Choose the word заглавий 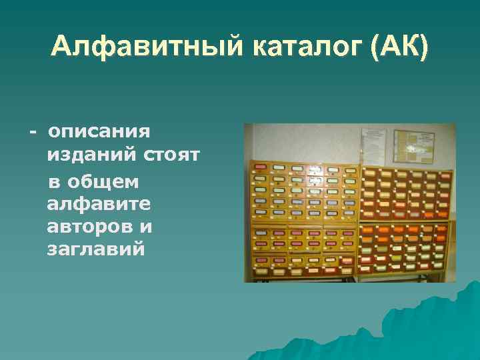tap(96, 250)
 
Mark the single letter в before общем tap(53, 181)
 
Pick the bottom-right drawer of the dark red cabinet tap(440, 260)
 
